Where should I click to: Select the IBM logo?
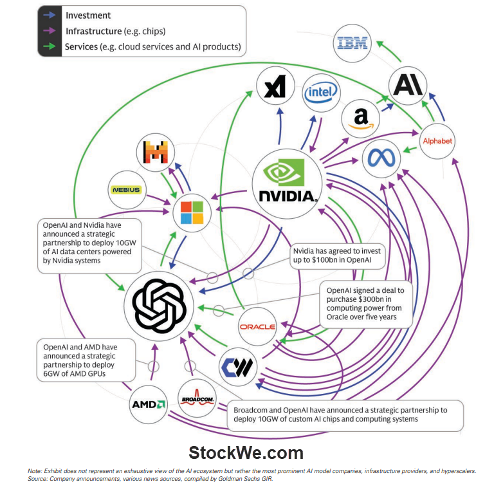(x=353, y=44)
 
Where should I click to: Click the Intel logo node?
(x=321, y=93)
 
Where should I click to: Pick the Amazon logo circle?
(x=360, y=118)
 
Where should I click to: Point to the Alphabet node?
(x=437, y=141)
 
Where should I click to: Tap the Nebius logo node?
(x=126, y=190)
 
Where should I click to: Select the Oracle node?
(x=257, y=327)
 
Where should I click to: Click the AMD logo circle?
(x=149, y=404)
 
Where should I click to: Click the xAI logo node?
(x=275, y=87)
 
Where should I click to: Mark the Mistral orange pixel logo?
(x=156, y=152)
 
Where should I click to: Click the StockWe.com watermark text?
(x=246, y=452)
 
